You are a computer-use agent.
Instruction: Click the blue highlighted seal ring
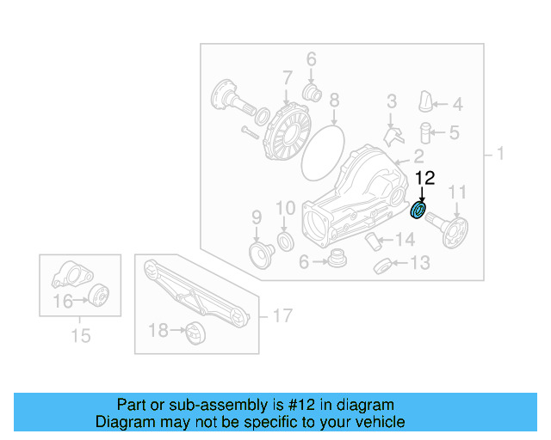pos(419,210)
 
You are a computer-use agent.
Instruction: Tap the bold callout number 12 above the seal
pos(425,179)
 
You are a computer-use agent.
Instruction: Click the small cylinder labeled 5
pos(424,134)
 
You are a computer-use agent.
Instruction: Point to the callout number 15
pos(80,335)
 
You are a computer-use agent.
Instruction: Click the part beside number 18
pos(195,330)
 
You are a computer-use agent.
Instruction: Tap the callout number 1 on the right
pos(499,155)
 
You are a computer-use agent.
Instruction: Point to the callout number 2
pos(418,156)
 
